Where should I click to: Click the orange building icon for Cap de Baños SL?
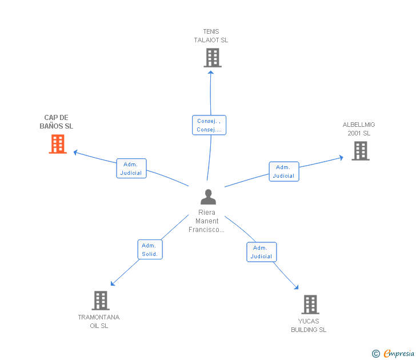click(57, 144)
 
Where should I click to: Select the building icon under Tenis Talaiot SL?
click(212, 58)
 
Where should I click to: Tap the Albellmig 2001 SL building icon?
click(360, 151)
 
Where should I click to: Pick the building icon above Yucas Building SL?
click(310, 304)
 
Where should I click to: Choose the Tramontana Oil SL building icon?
click(100, 300)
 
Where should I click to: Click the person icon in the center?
click(208, 197)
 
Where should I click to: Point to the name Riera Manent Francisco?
click(206, 221)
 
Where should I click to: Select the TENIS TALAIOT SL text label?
click(211, 36)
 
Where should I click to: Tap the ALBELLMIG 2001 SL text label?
click(359, 129)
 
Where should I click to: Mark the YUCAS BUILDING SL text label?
click(309, 325)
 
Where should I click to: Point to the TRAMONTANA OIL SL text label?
click(99, 321)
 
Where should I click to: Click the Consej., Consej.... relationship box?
click(209, 125)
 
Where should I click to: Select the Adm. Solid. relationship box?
click(150, 250)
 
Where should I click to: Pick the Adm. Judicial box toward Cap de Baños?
click(131, 169)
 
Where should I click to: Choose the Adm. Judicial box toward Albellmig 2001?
click(283, 171)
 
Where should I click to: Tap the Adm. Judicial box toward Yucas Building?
click(261, 252)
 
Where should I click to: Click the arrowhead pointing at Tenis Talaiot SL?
click(210, 71)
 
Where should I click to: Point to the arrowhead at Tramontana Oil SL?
click(113, 283)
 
